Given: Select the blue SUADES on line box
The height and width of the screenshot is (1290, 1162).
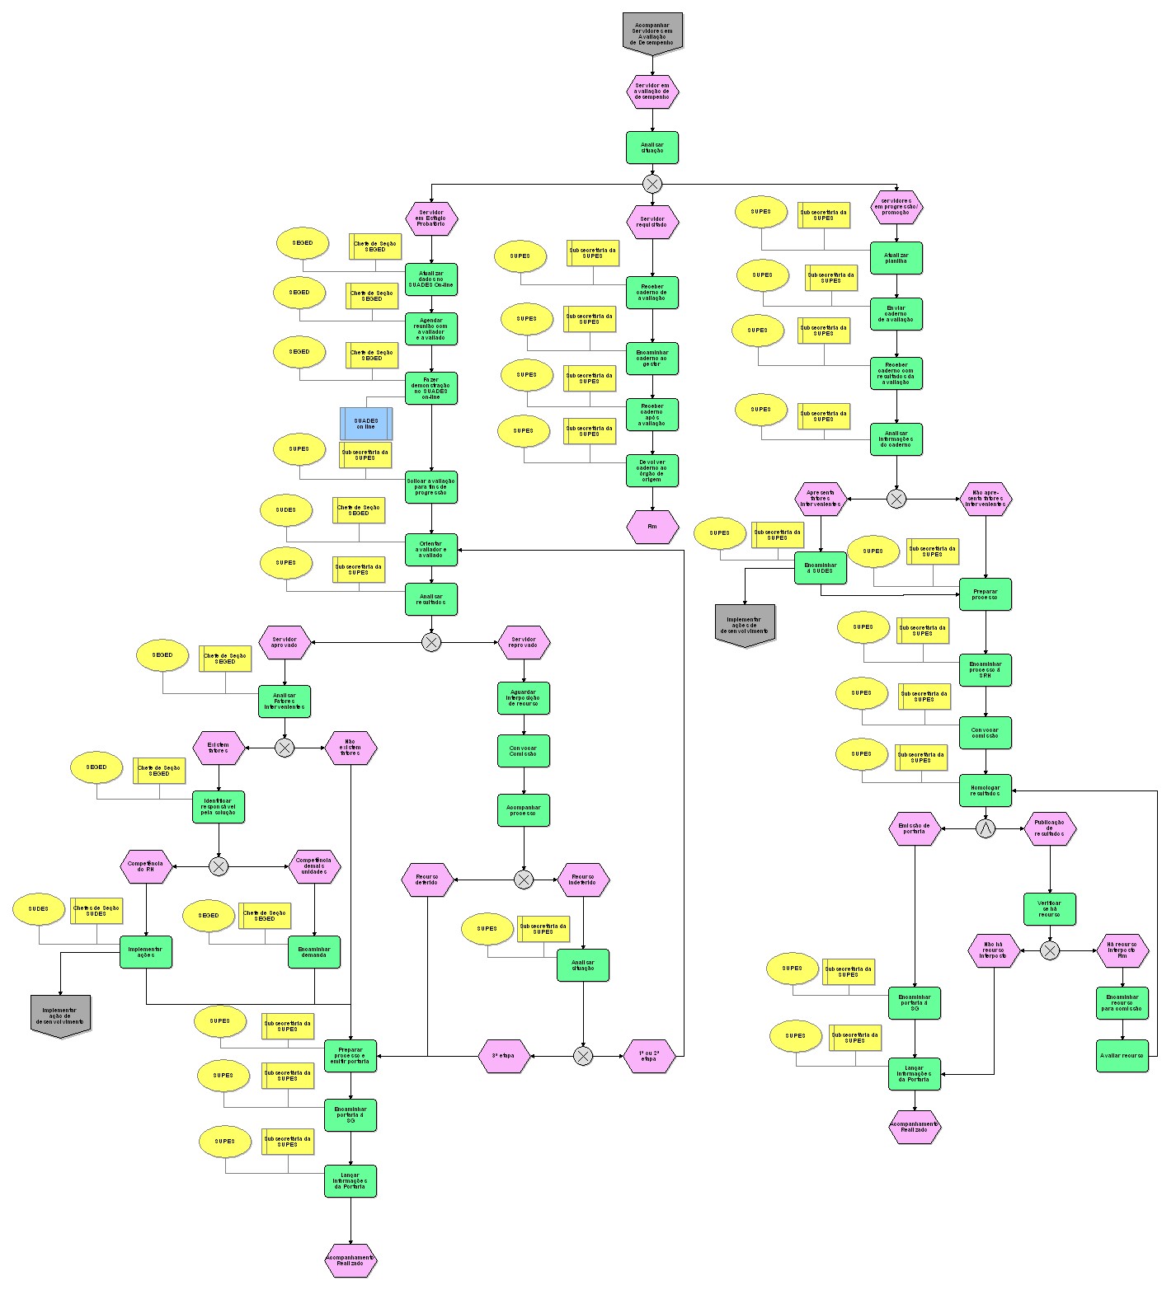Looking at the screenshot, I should (365, 424).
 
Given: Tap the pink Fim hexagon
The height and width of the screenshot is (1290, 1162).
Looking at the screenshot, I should (652, 527).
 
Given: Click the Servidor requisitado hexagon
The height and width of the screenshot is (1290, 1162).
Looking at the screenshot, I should (652, 222).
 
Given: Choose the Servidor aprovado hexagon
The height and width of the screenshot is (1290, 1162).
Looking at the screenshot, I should (285, 642).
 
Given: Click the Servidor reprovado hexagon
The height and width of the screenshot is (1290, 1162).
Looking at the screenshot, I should (524, 642).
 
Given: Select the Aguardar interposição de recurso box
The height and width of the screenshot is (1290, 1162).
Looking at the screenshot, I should (524, 698).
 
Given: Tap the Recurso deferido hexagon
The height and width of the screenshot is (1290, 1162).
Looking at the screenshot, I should (427, 880).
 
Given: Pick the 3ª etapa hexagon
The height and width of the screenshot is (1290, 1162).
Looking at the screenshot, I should (503, 1056).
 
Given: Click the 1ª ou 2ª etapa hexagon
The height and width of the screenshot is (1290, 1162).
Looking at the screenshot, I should (649, 1056).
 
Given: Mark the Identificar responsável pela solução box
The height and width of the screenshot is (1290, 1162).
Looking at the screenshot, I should (219, 807).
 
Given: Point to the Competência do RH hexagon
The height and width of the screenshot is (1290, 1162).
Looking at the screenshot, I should (146, 866).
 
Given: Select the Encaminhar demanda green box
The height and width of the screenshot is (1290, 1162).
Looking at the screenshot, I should (314, 952).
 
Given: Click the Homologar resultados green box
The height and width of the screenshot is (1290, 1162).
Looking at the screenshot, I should (986, 790).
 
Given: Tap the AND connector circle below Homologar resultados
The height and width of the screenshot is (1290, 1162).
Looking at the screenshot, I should (986, 828).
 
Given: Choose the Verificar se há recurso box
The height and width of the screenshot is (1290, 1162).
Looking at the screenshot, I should (1049, 909).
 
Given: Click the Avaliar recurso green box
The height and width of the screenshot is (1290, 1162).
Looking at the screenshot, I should (1122, 1056).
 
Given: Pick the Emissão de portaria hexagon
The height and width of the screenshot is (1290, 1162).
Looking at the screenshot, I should (914, 828).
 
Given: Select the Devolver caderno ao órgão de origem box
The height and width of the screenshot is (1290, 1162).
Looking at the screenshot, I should (652, 471).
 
